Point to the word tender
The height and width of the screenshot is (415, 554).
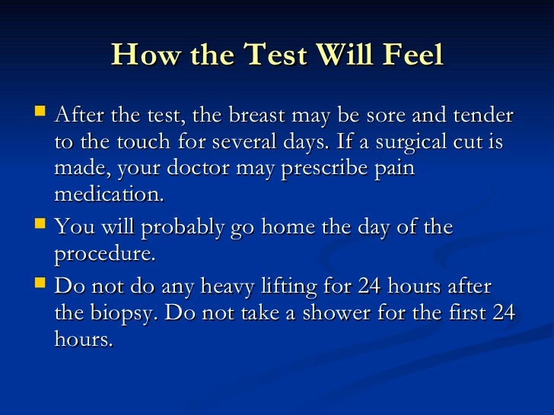coord(482,116)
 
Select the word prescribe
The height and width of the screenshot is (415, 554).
coord(328,169)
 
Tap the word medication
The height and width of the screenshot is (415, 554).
coord(108,194)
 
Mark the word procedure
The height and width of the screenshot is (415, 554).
coord(104,254)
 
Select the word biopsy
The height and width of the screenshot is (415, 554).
coord(125,312)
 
